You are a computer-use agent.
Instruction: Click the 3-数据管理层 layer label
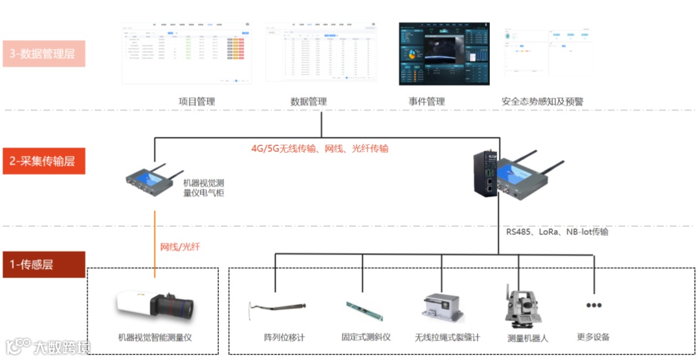[x=43, y=54]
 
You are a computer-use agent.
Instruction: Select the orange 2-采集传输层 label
[x=43, y=161]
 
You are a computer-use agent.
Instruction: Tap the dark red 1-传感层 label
[x=43, y=264]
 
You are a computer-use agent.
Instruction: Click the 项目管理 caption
[x=197, y=102]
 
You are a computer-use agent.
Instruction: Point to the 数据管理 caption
[x=309, y=102]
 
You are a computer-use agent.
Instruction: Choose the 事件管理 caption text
[x=427, y=102]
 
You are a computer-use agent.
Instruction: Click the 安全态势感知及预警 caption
[x=542, y=102]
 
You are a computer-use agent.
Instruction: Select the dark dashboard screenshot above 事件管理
[x=444, y=54]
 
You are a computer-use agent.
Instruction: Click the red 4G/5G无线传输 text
[x=320, y=148]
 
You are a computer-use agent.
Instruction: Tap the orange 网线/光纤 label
[x=181, y=247]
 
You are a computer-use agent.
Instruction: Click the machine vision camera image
[x=155, y=307]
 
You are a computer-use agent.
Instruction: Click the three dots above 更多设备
[x=594, y=305]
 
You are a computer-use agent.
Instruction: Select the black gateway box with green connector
[x=486, y=174]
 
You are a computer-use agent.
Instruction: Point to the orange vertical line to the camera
[x=155, y=240]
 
